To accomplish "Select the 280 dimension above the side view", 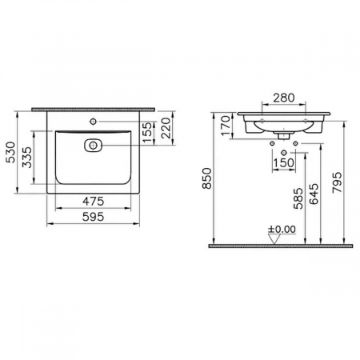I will pyautogui.click(x=284, y=98).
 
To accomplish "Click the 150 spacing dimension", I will pyautogui.click(x=284, y=164).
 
